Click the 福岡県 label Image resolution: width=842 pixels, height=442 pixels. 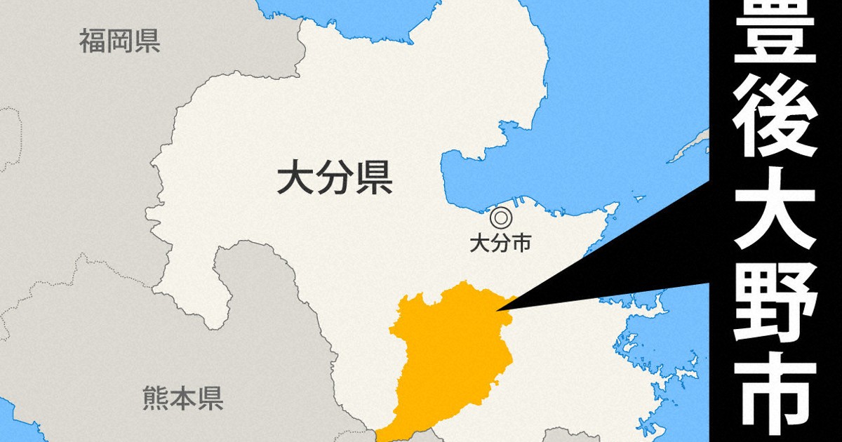(x=119, y=41)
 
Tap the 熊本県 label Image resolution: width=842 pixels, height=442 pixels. (x=182, y=398)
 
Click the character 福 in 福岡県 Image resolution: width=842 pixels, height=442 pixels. (x=92, y=41)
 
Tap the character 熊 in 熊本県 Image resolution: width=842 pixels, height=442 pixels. (x=155, y=398)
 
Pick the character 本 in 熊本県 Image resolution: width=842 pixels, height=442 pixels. (x=182, y=398)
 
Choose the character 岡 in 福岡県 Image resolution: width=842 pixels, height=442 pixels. (x=119, y=41)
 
